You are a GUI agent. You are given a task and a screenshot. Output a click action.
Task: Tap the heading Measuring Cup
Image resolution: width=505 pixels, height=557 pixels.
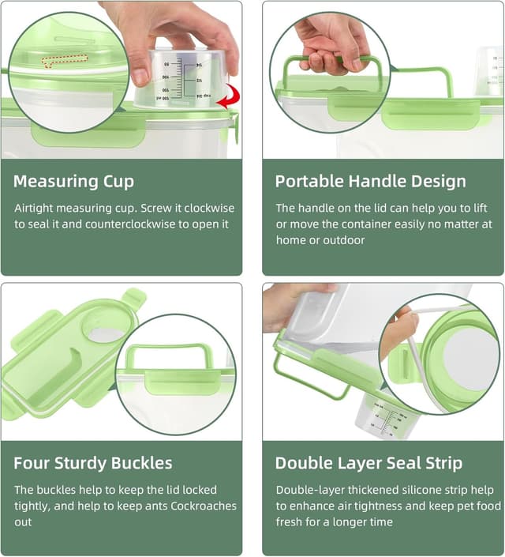point(73,182)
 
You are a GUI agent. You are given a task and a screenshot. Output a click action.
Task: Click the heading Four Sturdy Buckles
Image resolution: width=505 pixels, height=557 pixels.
point(92,463)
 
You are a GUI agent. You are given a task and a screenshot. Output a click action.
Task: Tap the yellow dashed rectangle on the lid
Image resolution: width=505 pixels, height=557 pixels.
point(65,61)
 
